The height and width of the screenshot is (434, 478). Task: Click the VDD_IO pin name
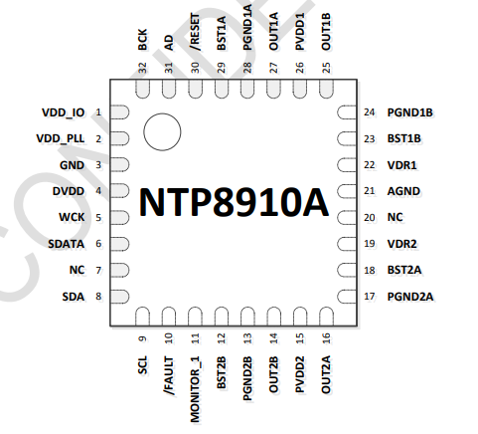click(x=63, y=112)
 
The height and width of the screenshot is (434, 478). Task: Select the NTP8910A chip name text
click(x=234, y=202)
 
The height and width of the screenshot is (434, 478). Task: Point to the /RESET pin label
click(x=195, y=32)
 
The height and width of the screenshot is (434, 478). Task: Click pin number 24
click(x=370, y=112)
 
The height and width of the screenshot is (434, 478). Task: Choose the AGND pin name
click(x=403, y=191)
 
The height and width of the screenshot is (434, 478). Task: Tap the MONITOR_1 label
click(x=195, y=389)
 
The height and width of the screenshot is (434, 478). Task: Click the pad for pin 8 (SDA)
click(x=119, y=297)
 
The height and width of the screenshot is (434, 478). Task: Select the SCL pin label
click(x=142, y=365)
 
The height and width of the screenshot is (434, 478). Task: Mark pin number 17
click(x=370, y=297)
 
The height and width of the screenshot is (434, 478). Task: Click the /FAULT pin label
click(x=169, y=376)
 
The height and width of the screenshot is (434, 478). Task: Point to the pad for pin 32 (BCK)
click(x=142, y=89)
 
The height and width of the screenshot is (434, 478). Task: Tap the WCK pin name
click(x=72, y=217)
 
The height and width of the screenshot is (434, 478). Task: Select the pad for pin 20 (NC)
click(x=347, y=218)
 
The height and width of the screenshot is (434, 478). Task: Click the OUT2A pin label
click(x=326, y=374)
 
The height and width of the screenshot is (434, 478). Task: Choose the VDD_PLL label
click(x=60, y=138)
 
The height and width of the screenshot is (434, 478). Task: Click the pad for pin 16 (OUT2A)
click(x=326, y=317)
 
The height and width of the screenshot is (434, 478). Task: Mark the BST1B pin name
click(x=404, y=138)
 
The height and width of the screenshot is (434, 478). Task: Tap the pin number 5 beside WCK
click(x=98, y=218)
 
